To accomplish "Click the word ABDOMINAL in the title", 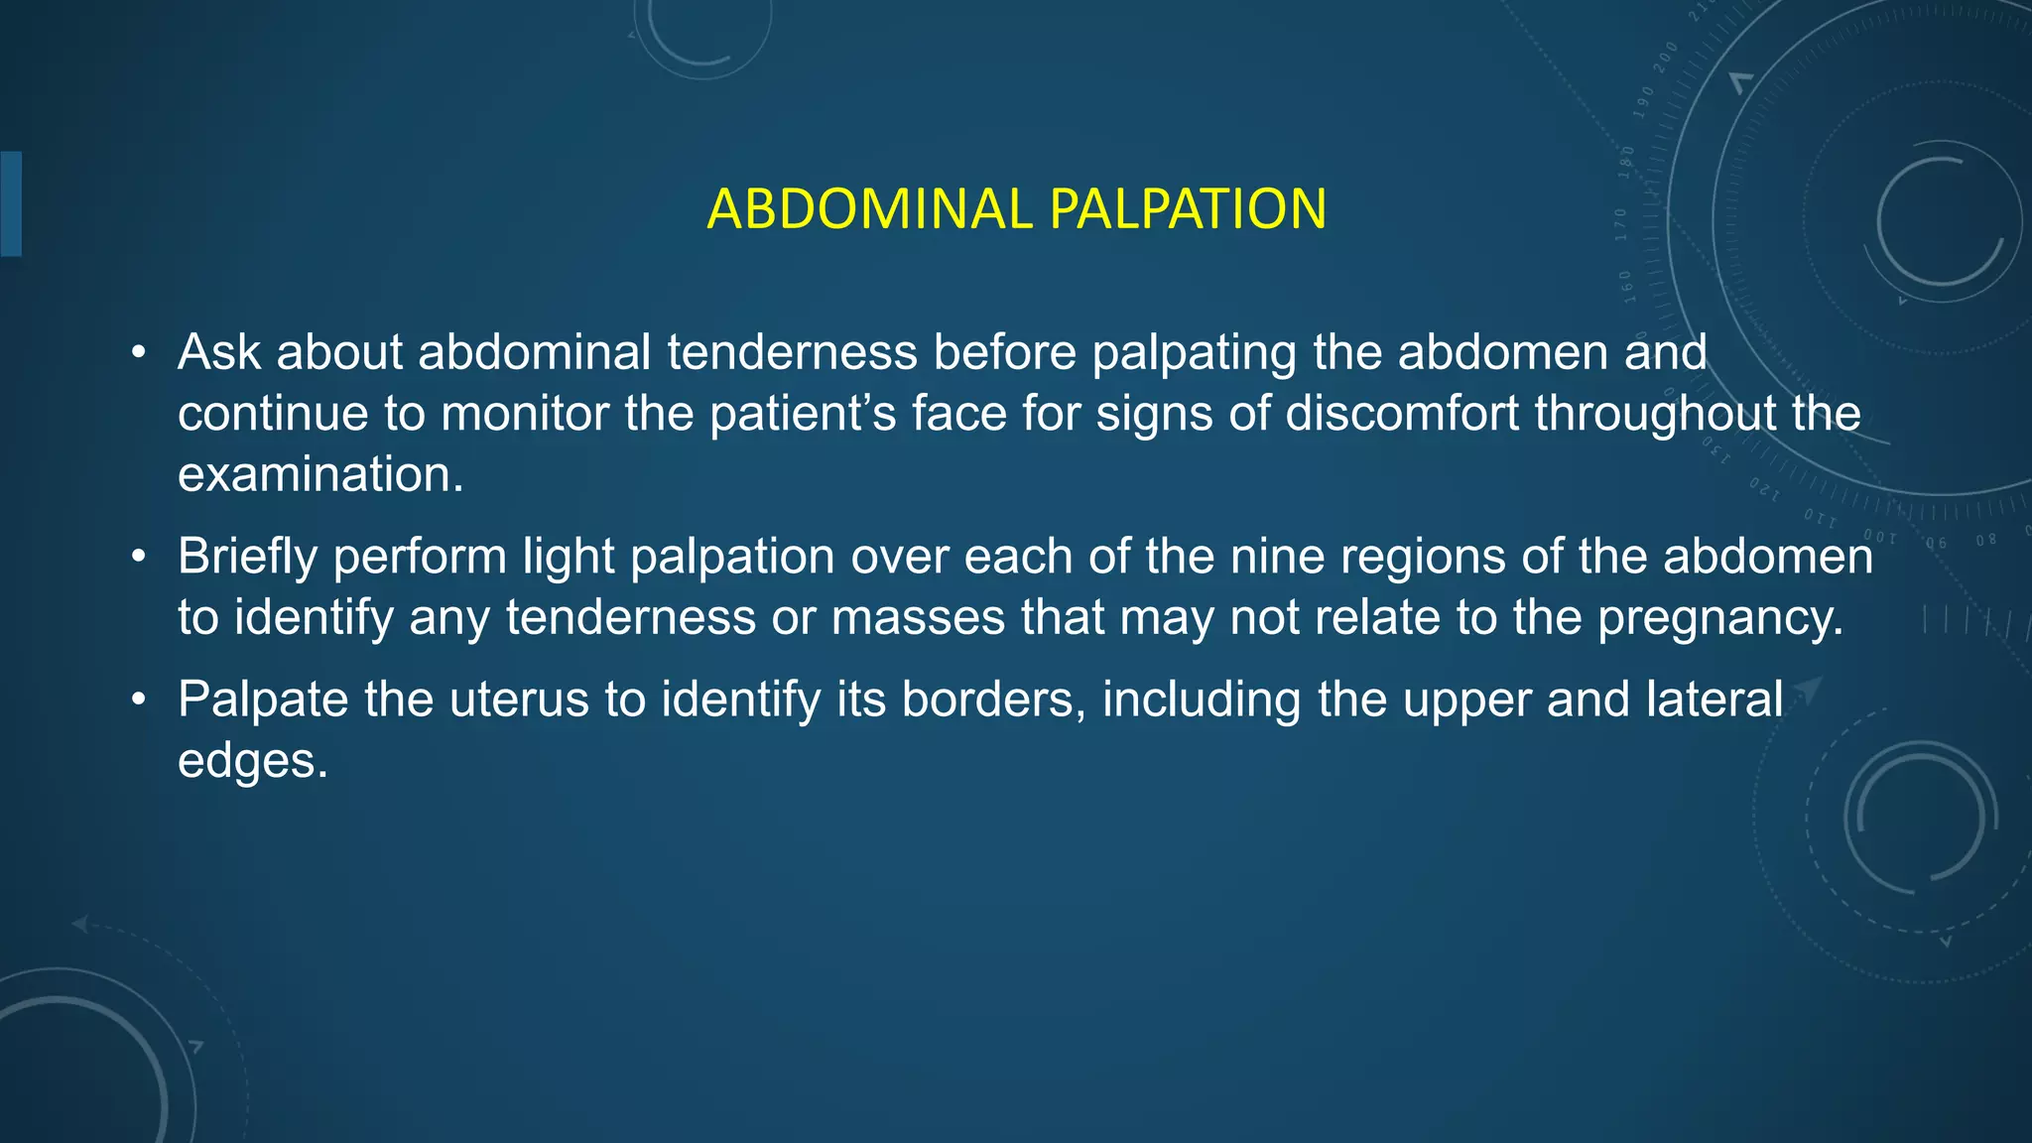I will coord(870,209).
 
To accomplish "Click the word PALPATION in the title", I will coord(1188,209).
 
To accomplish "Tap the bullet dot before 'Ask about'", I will coord(139,352).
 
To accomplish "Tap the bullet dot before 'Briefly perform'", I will coord(139,557).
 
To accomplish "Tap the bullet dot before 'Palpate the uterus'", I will coord(139,699).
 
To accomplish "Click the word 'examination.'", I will coord(320,475).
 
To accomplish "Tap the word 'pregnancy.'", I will coord(1720,618).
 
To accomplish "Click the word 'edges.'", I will coord(252,761).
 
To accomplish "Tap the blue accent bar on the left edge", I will coord(11,203).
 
